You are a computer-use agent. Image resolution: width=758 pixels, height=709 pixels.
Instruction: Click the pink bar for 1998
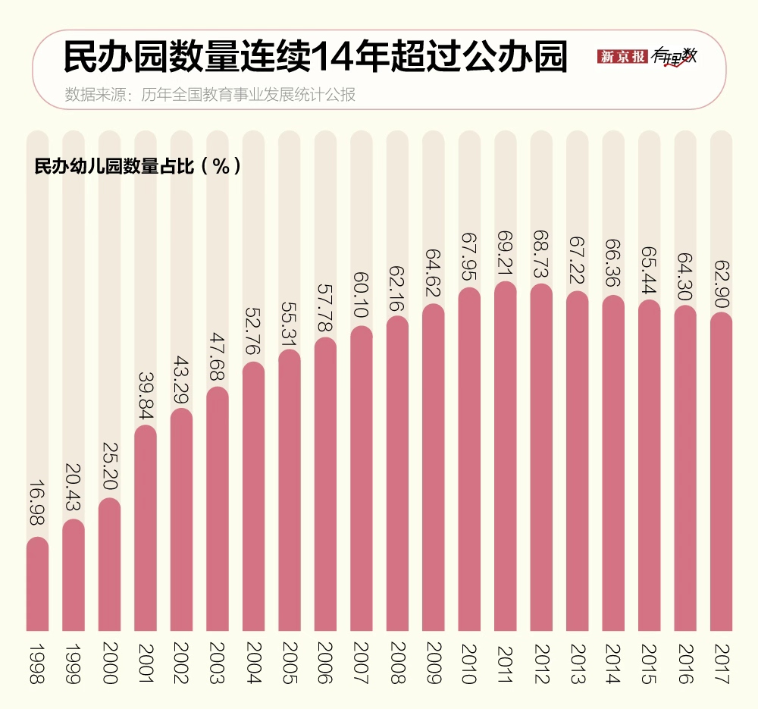[37, 584]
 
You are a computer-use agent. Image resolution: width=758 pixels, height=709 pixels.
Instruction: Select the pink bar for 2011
[506, 455]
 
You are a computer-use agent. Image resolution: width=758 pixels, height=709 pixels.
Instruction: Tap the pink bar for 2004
[253, 497]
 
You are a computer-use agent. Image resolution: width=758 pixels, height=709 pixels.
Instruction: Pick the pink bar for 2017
[721, 470]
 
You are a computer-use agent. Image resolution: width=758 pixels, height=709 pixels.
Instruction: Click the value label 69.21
[506, 254]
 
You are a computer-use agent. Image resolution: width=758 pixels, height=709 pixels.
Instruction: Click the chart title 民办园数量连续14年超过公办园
[315, 58]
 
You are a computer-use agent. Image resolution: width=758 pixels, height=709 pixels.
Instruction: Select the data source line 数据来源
[210, 95]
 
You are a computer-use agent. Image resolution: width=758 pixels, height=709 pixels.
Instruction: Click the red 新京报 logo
[622, 56]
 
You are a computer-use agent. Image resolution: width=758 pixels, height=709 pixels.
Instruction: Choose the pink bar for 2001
[146, 528]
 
